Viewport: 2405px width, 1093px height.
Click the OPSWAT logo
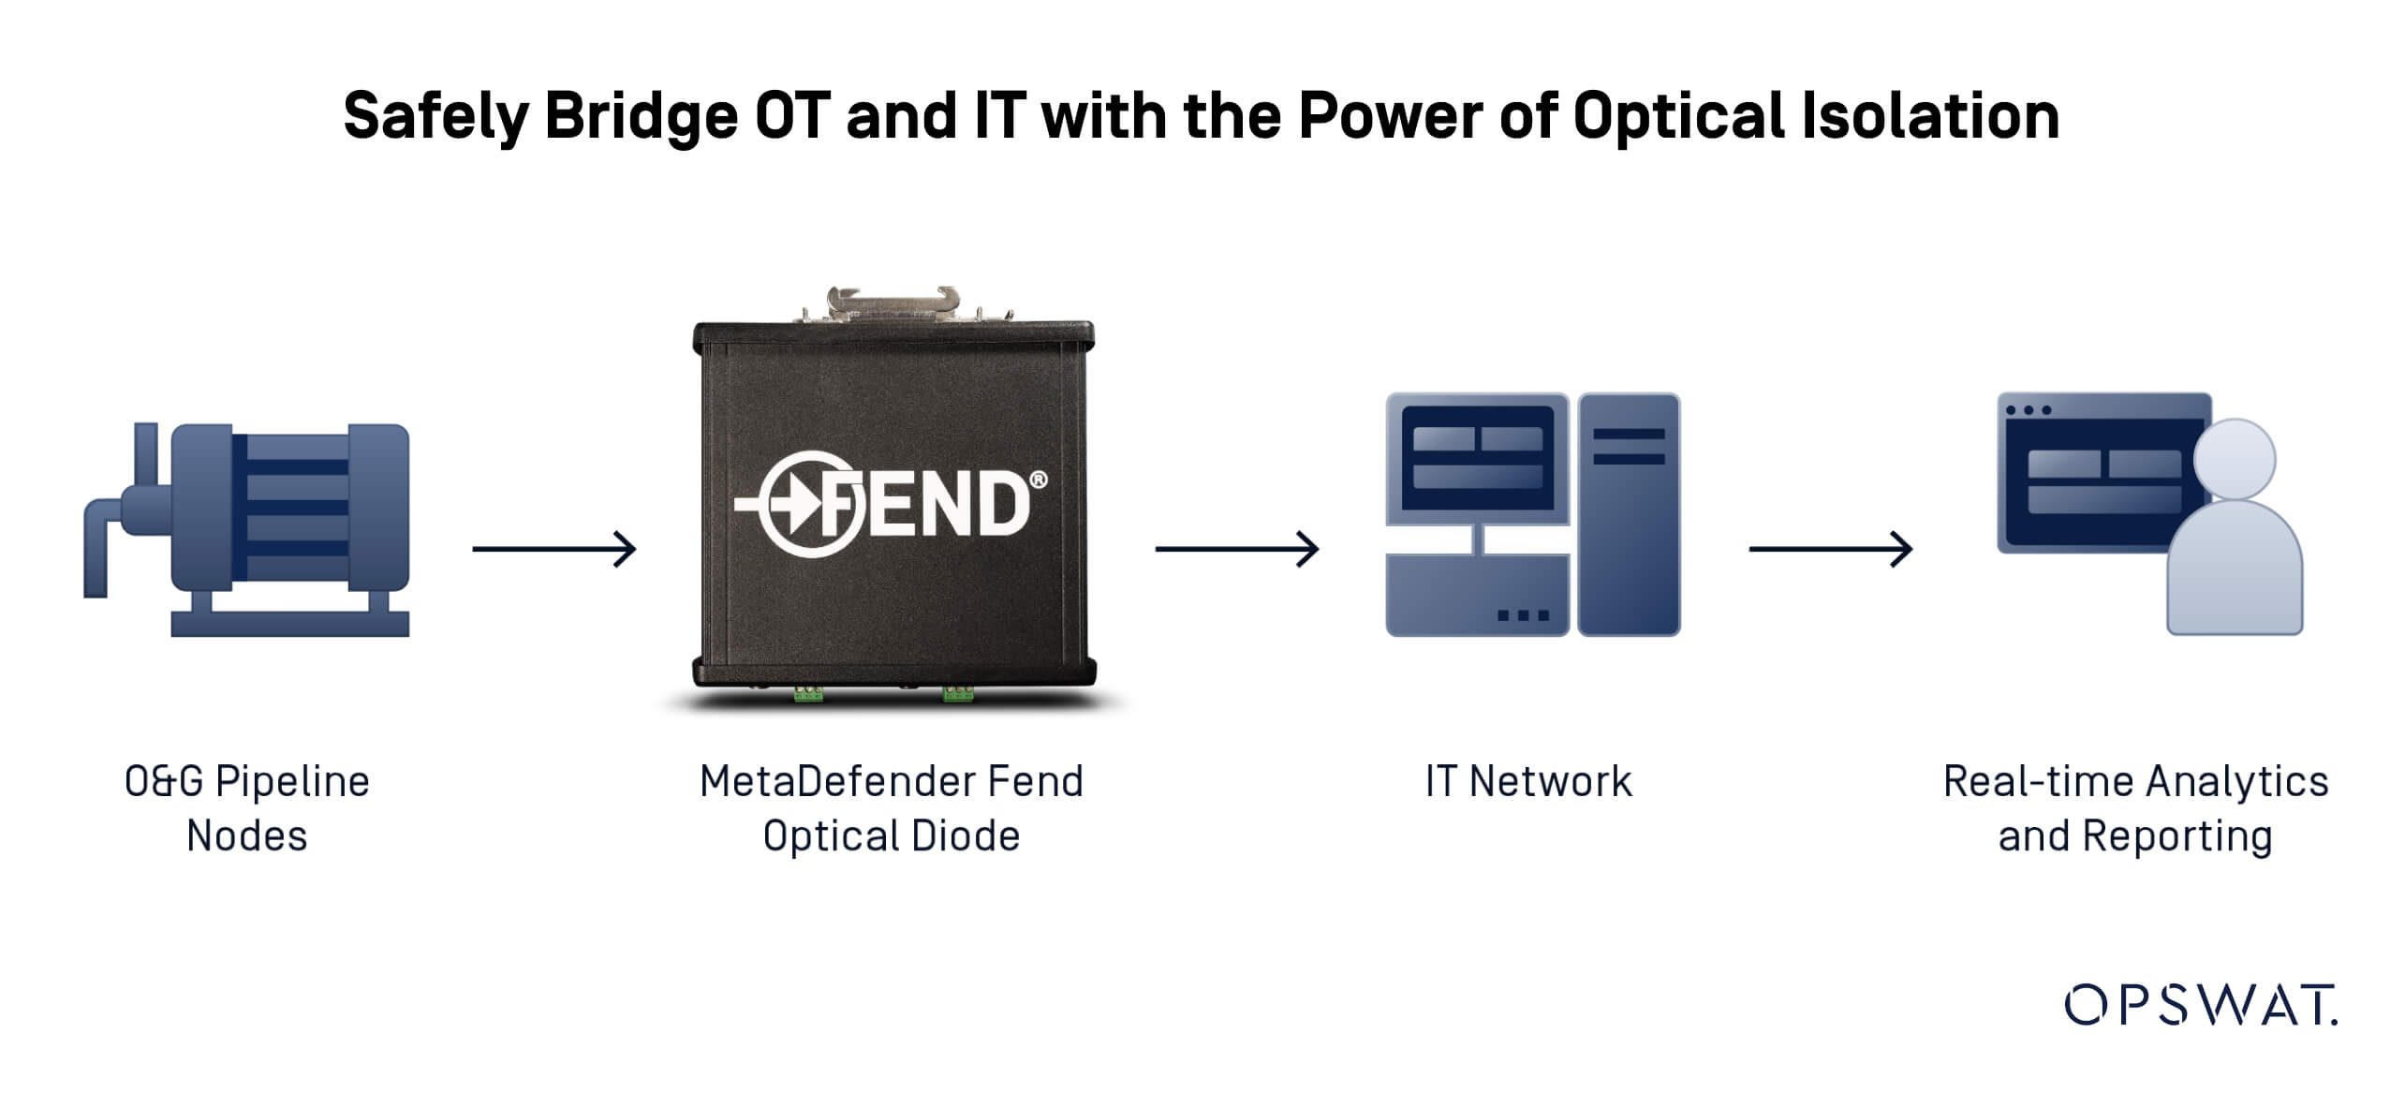[2200, 1006]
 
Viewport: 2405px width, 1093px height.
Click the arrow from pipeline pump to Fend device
[554, 549]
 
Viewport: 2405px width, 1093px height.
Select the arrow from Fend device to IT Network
[1236, 549]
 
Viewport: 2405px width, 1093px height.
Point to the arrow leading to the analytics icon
[1830, 549]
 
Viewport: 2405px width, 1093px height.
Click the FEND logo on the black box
[890, 504]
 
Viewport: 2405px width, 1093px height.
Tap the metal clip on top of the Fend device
[893, 305]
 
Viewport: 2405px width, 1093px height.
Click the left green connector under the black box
[808, 693]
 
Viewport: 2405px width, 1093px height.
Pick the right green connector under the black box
[957, 693]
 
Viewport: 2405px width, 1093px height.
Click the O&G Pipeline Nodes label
[247, 807]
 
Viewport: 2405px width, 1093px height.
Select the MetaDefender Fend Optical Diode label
[892, 807]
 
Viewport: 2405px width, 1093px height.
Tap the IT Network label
[1528, 781]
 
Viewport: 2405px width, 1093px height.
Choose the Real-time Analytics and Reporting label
[2135, 807]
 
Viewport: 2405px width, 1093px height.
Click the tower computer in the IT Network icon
[1629, 515]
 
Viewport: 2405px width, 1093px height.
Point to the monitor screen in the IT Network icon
[1477, 458]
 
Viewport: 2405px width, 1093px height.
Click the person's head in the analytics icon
[2235, 459]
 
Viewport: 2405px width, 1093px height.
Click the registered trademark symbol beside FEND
[1038, 480]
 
